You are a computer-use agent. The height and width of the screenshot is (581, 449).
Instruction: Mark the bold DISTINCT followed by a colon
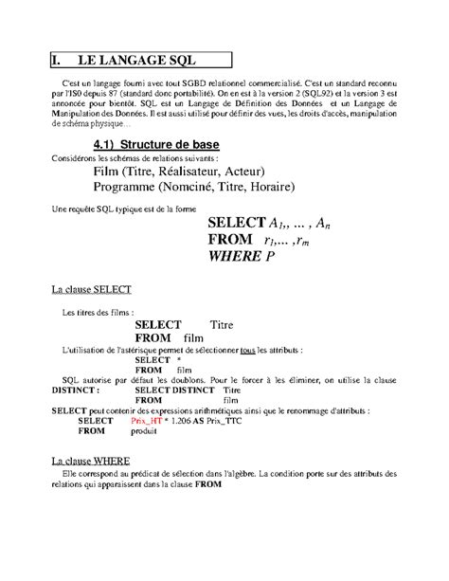[77, 390]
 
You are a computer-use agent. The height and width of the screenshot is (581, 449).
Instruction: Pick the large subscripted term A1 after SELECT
[278, 223]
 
